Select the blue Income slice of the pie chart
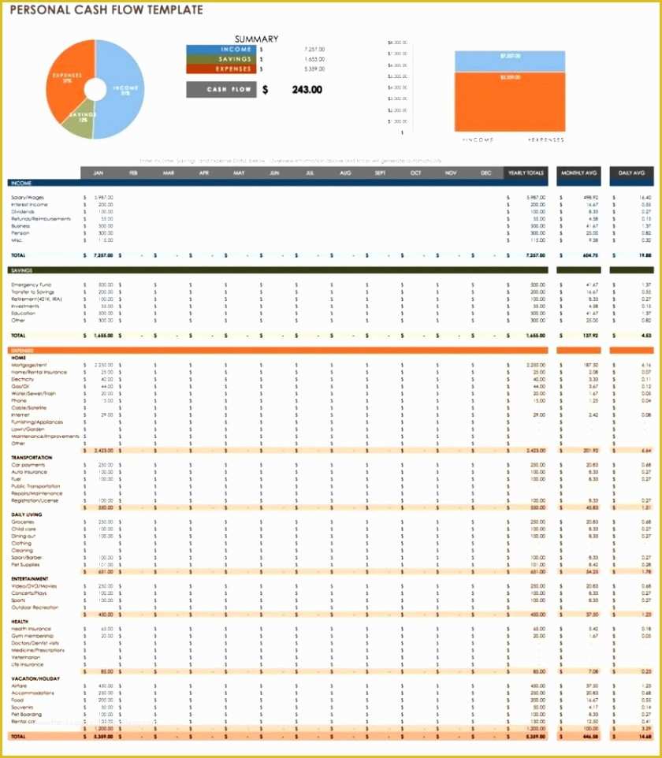(x=126, y=87)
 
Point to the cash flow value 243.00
(x=307, y=90)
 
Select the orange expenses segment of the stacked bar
(x=509, y=102)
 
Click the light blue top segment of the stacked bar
(x=509, y=61)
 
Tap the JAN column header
(x=99, y=173)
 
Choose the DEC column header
(x=485, y=173)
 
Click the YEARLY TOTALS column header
(x=526, y=173)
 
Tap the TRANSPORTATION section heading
(x=32, y=458)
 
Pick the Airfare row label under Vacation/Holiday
(x=20, y=686)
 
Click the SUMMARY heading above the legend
(x=256, y=39)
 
